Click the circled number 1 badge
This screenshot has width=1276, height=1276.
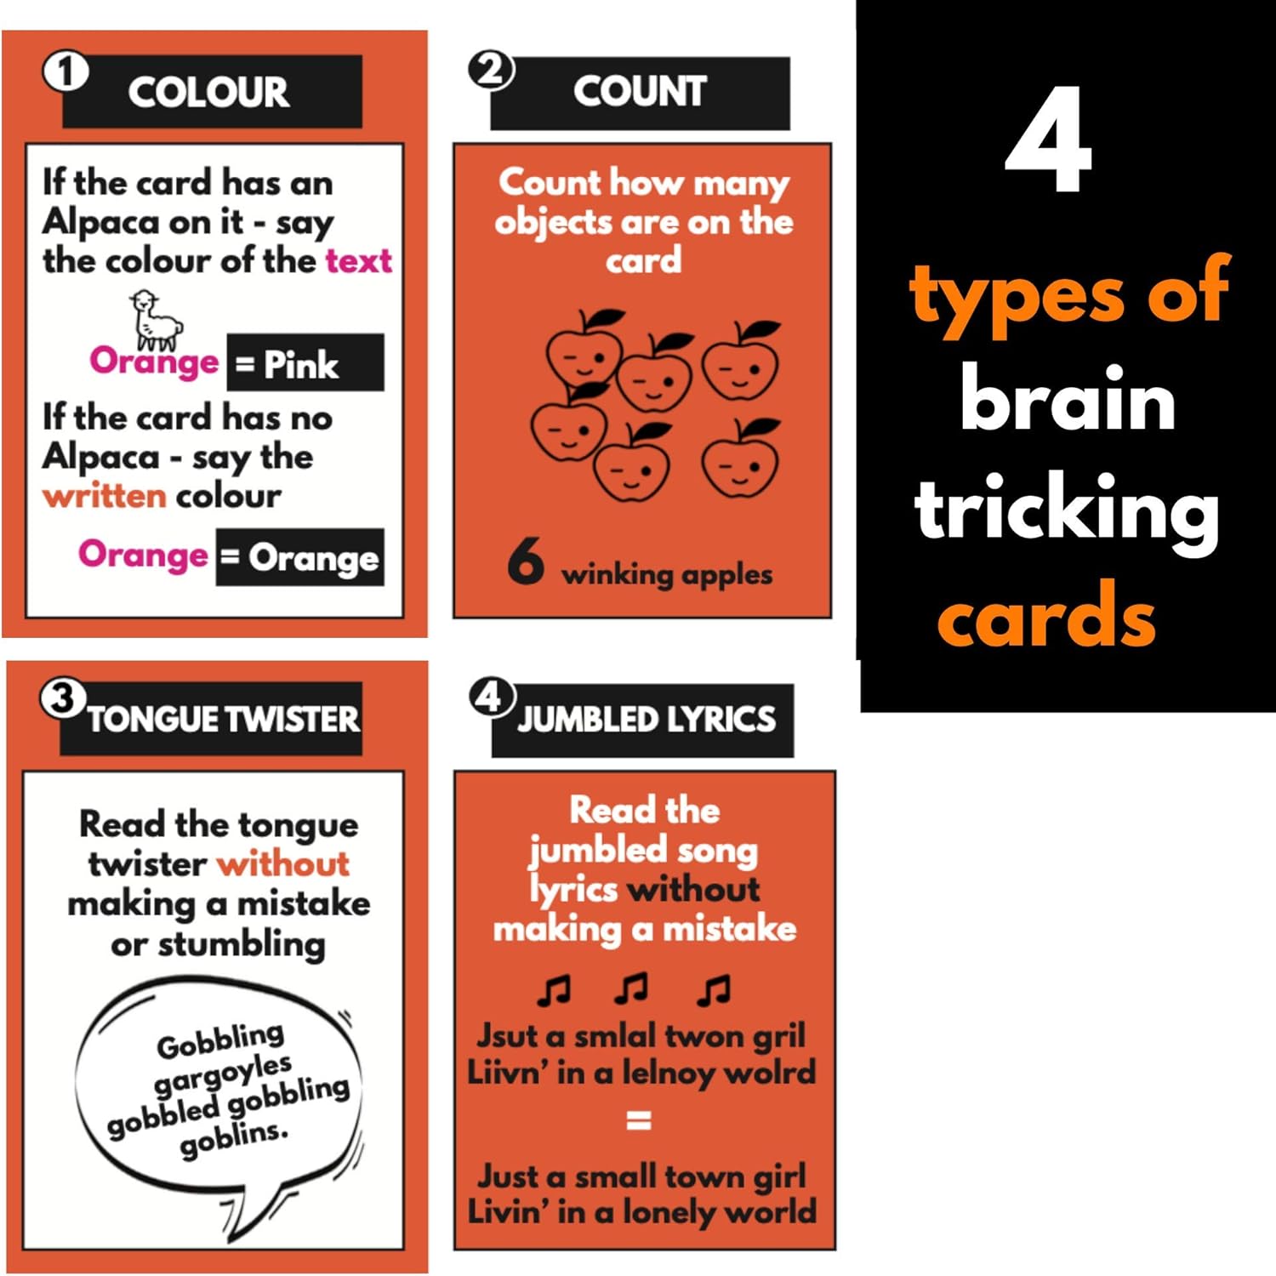click(x=66, y=72)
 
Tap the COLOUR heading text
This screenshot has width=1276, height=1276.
click(x=208, y=92)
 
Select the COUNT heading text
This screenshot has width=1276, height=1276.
click(x=640, y=91)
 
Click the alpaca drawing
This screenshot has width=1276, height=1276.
click(x=155, y=319)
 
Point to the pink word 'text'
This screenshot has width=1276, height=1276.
click(x=358, y=260)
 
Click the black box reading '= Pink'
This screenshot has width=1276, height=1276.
click(x=305, y=363)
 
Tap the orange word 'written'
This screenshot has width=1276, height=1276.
click(x=104, y=495)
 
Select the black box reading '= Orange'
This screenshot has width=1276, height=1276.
click(x=300, y=558)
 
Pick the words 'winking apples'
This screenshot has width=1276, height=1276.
click(x=666, y=575)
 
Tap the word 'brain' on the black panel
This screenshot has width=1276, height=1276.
click(x=1068, y=400)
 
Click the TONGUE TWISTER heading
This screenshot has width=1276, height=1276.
click(x=223, y=719)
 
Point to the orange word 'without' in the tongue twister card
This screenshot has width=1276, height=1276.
click(x=283, y=864)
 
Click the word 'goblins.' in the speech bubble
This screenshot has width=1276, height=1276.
click(x=234, y=1138)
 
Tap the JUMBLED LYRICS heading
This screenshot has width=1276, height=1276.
click(x=647, y=720)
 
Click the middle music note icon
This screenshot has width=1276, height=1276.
click(x=631, y=988)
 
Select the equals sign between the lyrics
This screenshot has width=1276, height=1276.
click(x=638, y=1120)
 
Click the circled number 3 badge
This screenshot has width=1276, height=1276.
click(x=62, y=699)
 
